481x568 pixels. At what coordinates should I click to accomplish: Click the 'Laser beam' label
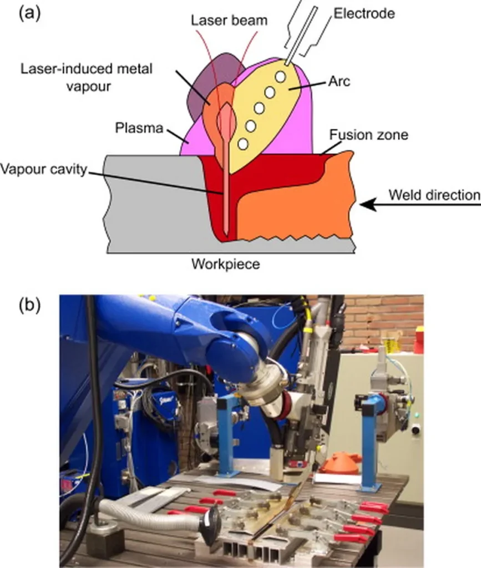(x=229, y=21)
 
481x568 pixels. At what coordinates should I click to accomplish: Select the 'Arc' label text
(x=340, y=82)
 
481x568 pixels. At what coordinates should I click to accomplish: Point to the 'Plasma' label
(x=139, y=128)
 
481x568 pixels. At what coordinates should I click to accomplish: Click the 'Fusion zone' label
(x=368, y=135)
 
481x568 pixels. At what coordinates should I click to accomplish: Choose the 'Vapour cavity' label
(x=44, y=170)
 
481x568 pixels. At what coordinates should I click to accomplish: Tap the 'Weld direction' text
(x=433, y=195)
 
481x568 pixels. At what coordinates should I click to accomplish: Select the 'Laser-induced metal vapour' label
(x=86, y=77)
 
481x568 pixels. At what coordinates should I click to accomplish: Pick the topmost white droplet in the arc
(x=280, y=75)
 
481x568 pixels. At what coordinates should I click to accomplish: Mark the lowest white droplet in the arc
(x=242, y=144)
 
